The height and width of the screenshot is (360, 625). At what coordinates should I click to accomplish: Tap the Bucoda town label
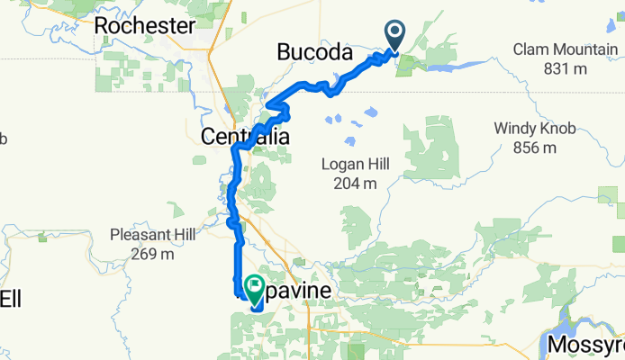pyautogui.click(x=313, y=53)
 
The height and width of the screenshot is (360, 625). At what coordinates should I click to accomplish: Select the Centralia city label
pyautogui.click(x=245, y=138)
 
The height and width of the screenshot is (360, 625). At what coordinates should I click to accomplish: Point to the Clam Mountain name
pyautogui.click(x=564, y=49)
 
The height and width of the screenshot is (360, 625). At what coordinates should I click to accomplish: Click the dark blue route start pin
pyautogui.click(x=395, y=36)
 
